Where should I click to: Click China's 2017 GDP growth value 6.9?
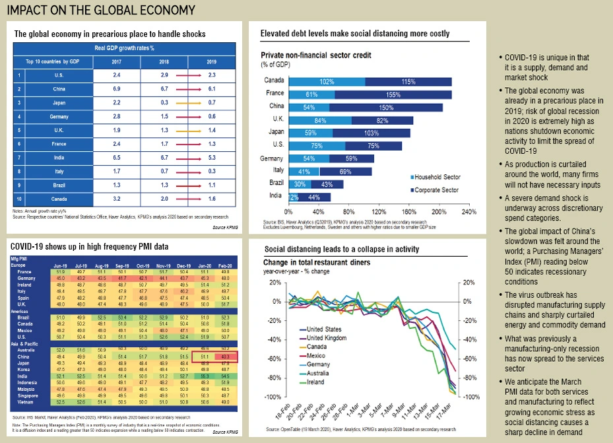[x=115, y=88]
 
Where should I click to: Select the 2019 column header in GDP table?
[x=211, y=61]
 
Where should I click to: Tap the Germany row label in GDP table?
[x=59, y=116]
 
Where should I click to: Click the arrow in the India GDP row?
[x=187, y=158]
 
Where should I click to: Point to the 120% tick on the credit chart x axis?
[x=379, y=213]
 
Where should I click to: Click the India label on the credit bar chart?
[x=275, y=197]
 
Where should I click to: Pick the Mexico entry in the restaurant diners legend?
[x=319, y=355]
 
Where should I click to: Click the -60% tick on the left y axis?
[x=270, y=359]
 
